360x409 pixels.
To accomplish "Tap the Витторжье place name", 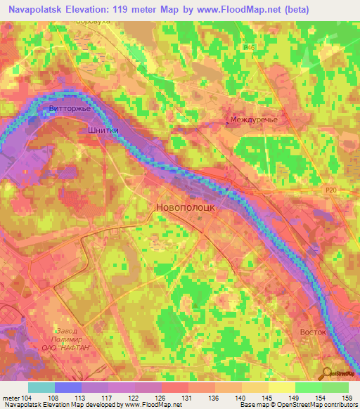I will [72, 108].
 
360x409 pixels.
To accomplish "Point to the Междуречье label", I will [254, 120].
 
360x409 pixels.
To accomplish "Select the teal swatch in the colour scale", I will [41, 387].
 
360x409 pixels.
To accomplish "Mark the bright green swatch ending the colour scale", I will [335, 387].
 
